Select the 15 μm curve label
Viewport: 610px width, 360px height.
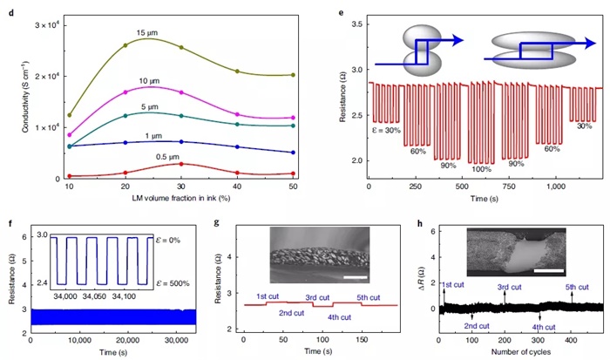tap(147, 34)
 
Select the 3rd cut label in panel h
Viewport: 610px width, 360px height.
tap(510, 286)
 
